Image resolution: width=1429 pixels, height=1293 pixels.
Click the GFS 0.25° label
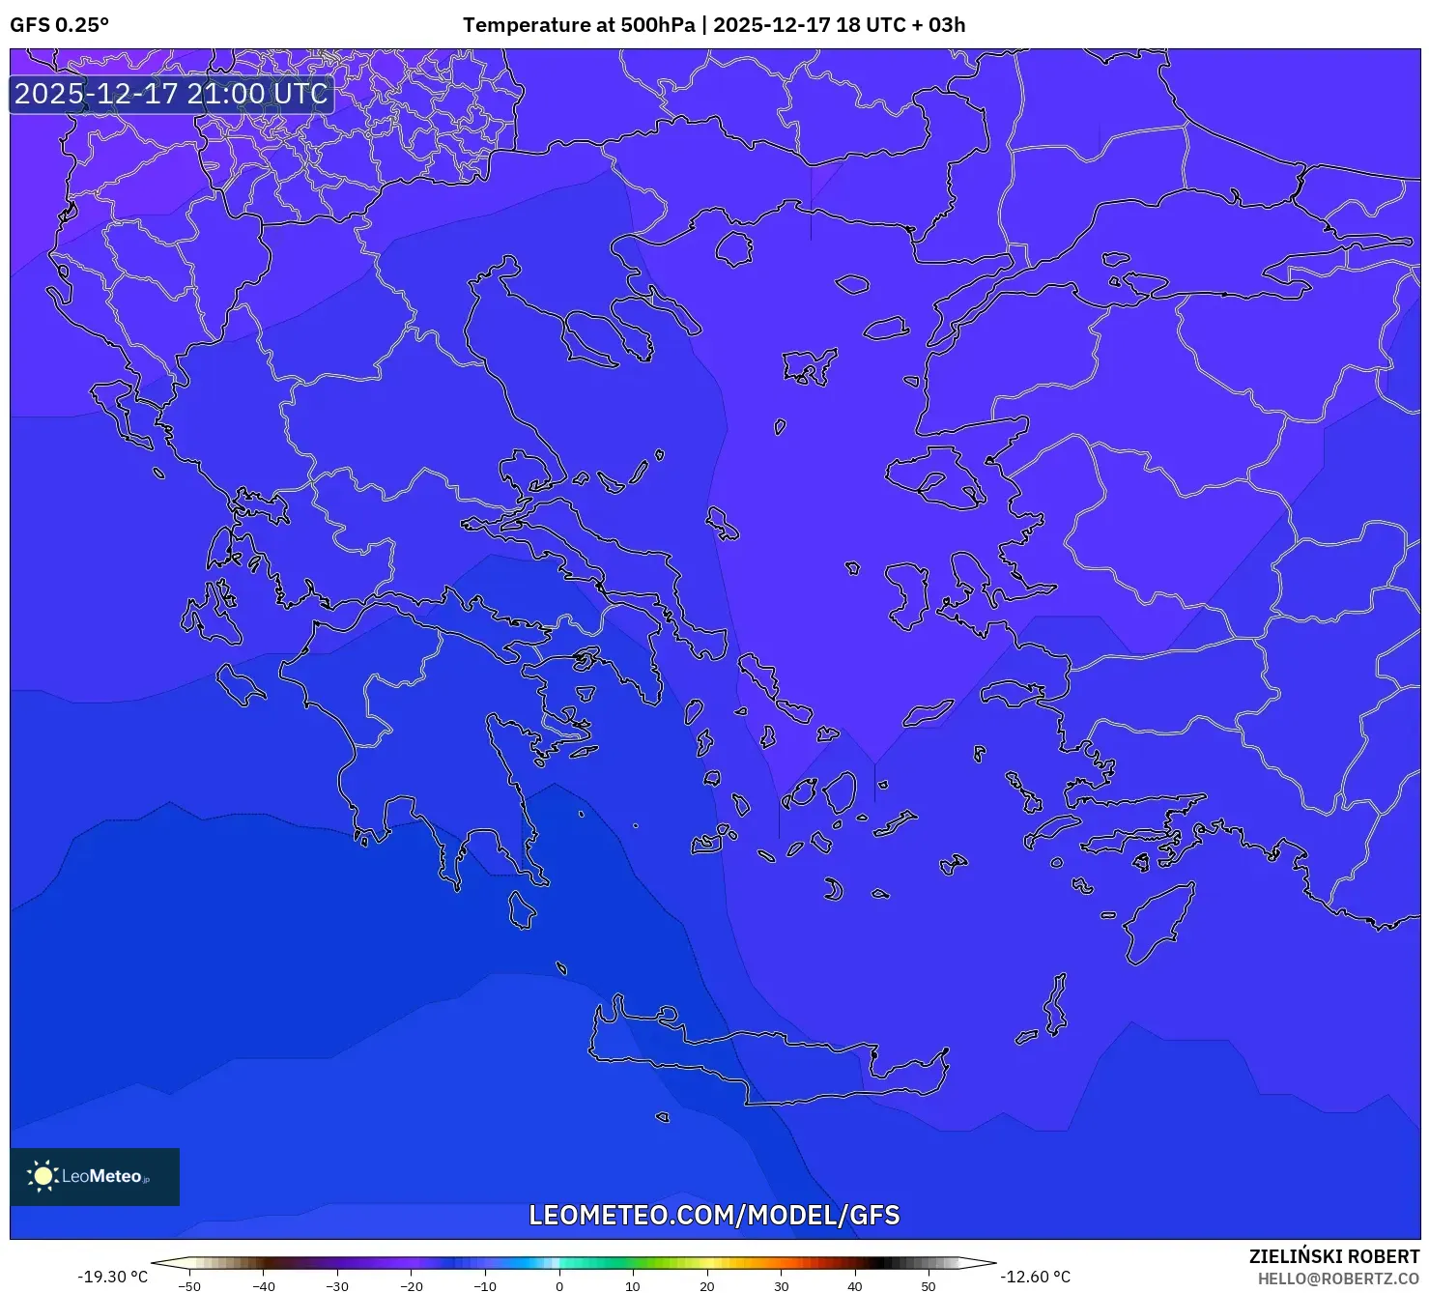[59, 25]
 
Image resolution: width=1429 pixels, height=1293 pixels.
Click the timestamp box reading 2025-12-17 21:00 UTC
[171, 94]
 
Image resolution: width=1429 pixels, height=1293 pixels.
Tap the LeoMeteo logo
[95, 1176]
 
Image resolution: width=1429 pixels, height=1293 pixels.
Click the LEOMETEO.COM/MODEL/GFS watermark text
[714, 1215]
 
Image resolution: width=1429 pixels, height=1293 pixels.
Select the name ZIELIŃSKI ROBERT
[1333, 1256]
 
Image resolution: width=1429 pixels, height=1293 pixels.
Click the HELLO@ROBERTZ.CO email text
[1338, 1279]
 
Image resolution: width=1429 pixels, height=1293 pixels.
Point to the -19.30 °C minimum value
[112, 1277]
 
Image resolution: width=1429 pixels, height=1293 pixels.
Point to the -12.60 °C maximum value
[1035, 1277]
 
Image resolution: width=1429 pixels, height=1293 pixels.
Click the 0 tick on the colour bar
[558, 1286]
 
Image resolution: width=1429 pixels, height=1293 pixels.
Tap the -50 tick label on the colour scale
[189, 1286]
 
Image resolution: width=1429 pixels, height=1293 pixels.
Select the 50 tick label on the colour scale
[928, 1286]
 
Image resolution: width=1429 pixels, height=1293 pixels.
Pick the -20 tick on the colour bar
[411, 1286]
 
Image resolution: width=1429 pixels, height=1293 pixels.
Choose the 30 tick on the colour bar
[781, 1286]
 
